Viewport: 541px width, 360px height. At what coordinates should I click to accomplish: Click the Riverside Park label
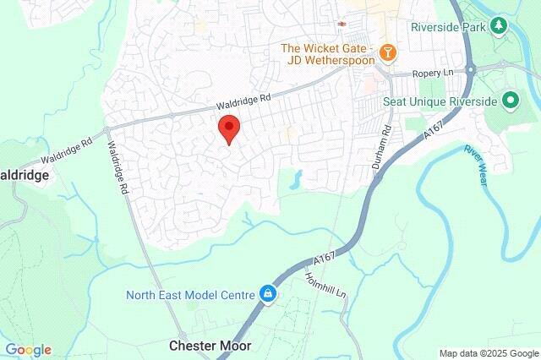click(448, 26)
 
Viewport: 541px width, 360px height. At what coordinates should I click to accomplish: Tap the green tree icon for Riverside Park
click(499, 26)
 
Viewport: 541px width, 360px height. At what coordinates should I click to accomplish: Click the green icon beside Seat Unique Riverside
click(510, 101)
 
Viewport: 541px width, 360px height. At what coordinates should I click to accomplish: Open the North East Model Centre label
click(190, 295)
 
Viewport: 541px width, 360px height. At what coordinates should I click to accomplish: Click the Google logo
click(28, 350)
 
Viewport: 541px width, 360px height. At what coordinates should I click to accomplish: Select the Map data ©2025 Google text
click(489, 353)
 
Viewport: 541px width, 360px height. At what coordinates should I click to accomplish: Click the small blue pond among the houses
click(296, 178)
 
